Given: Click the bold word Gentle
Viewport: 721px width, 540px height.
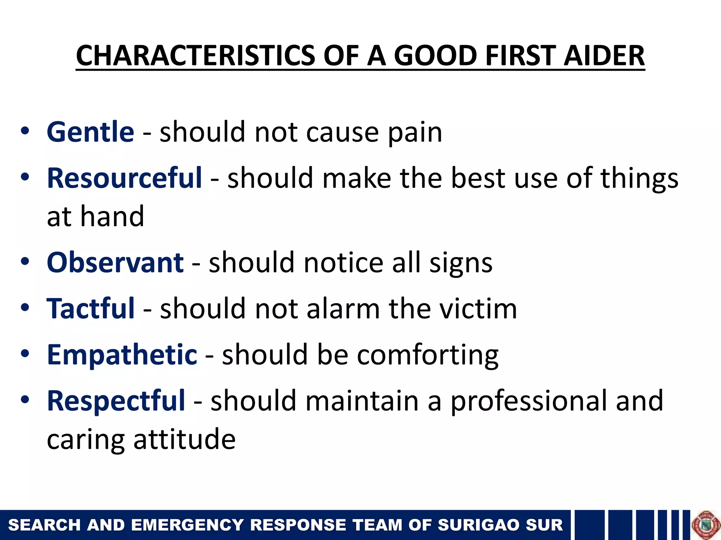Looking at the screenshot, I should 90,132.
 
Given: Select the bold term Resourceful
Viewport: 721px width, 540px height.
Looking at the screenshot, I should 124,178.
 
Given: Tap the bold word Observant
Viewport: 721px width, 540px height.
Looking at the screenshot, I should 115,263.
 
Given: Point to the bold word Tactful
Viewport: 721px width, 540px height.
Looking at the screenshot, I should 90,308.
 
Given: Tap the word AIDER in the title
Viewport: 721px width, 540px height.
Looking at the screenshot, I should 604,56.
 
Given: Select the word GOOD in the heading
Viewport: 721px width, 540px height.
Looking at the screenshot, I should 435,56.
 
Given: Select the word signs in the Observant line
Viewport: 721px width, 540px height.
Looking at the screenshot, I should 461,264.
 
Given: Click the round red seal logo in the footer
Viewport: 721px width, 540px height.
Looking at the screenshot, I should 706,525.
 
